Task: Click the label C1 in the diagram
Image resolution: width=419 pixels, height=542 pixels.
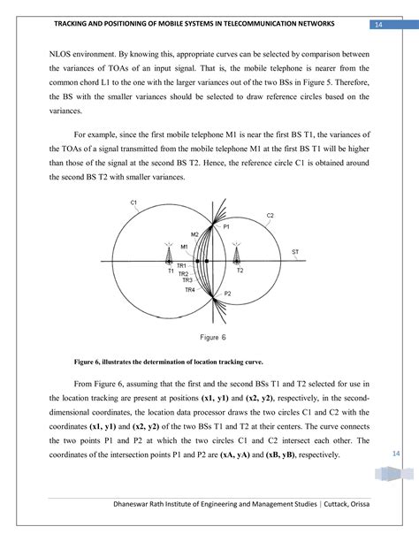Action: point(133,203)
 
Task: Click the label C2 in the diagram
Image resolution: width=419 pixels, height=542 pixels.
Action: point(270,215)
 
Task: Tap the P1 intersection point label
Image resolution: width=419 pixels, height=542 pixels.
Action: point(226,227)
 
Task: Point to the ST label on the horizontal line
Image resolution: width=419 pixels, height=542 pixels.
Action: point(294,253)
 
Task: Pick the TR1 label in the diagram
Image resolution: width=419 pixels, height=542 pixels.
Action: point(180,265)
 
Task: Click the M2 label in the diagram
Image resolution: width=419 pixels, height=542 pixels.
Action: point(194,233)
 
